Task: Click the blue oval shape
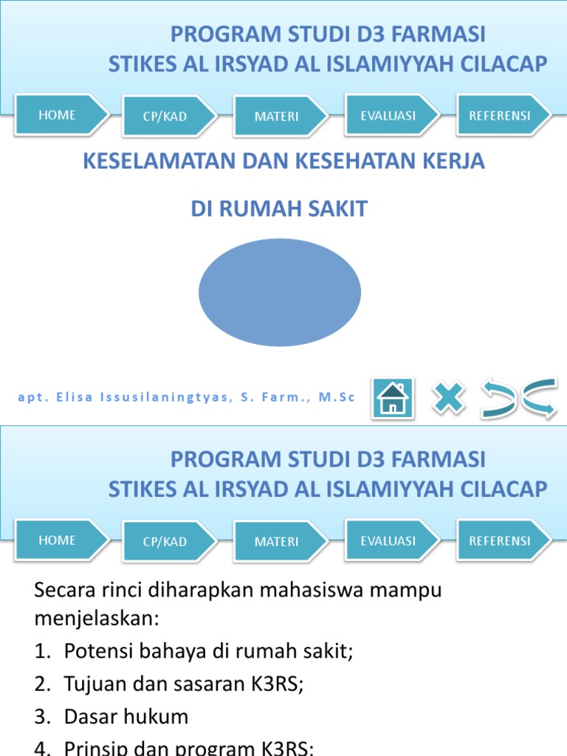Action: pyautogui.click(x=280, y=292)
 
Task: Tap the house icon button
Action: pyautogui.click(x=393, y=399)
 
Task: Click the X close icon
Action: pyautogui.click(x=449, y=399)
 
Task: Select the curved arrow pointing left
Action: pyautogui.click(x=498, y=399)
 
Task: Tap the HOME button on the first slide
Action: pyautogui.click(x=58, y=115)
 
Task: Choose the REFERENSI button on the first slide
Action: pyautogui.click(x=500, y=115)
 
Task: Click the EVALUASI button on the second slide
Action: pyautogui.click(x=388, y=541)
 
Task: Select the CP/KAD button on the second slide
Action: pyautogui.click(x=165, y=542)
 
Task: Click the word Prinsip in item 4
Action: pyautogui.click(x=93, y=747)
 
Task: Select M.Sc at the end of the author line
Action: pyautogui.click(x=337, y=398)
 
